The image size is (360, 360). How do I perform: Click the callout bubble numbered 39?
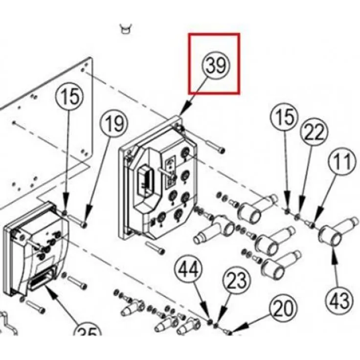215,66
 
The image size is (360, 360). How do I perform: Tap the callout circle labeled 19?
115,124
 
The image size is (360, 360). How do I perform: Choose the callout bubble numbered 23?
237,282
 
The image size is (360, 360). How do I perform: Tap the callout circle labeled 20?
284,310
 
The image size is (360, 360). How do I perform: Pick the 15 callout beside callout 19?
69,95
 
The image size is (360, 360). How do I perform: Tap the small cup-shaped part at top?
126,28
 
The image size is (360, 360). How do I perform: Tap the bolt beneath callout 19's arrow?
81,223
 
